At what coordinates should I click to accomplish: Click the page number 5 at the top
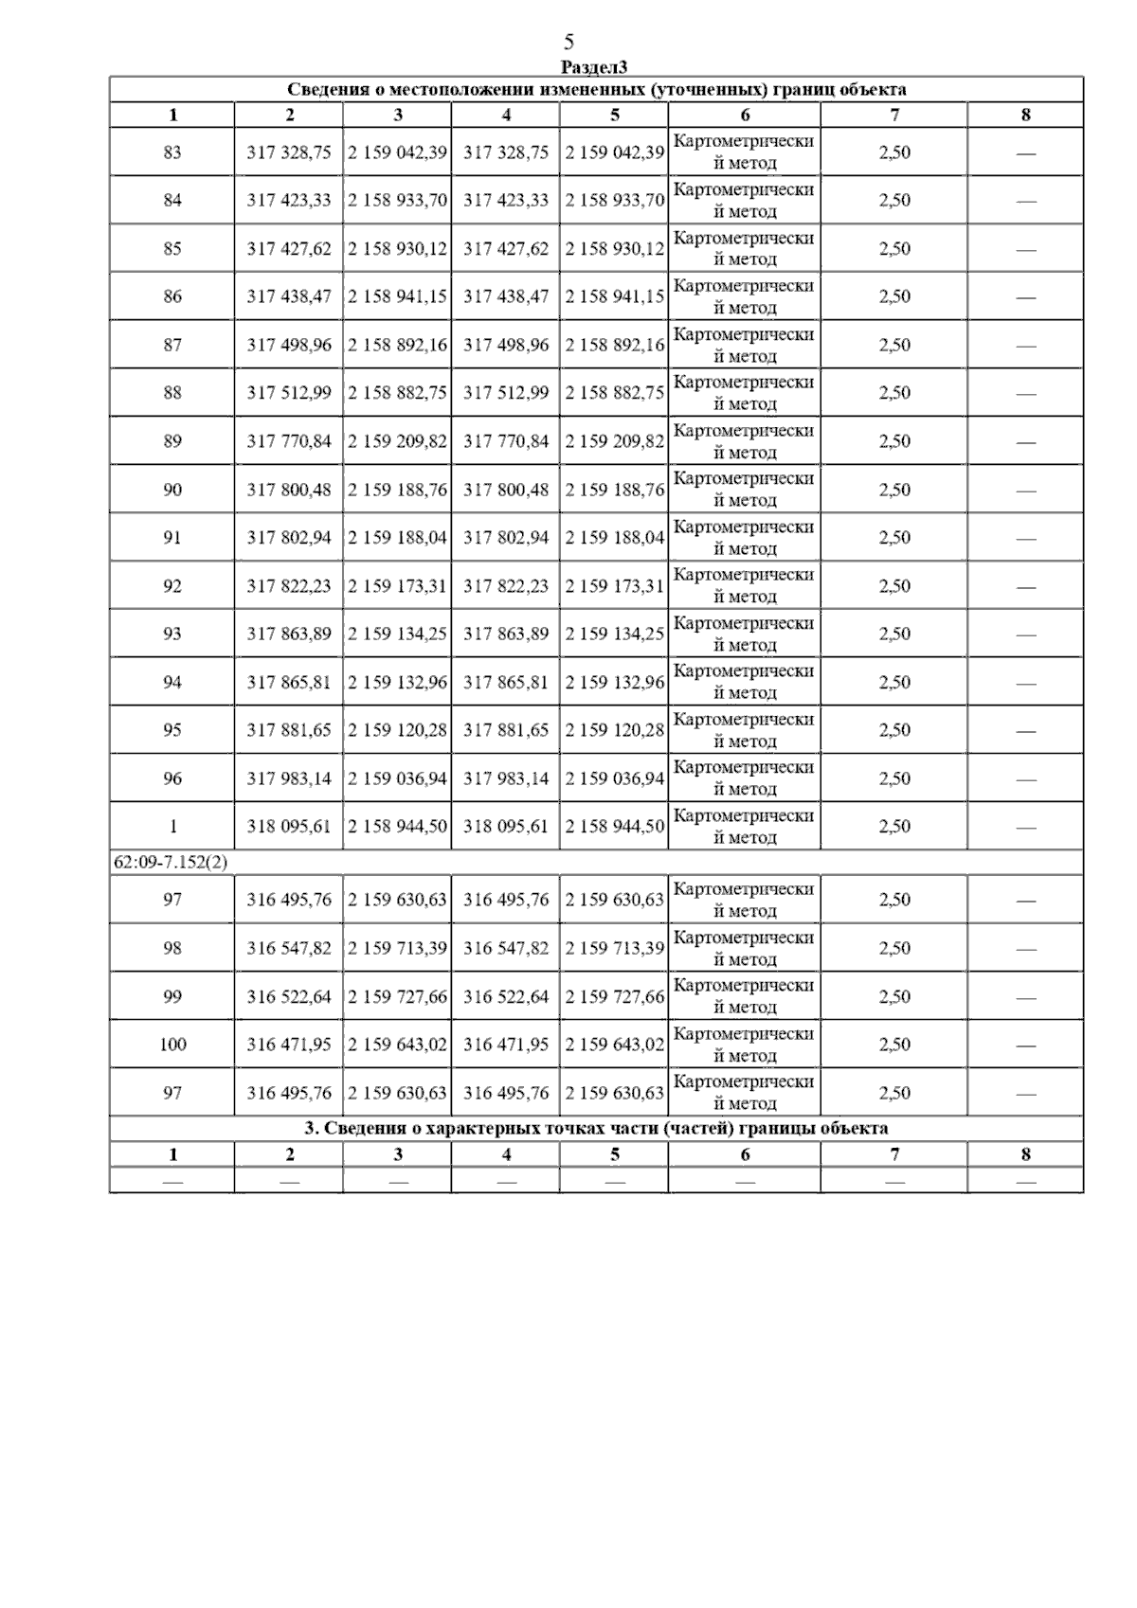coord(568,42)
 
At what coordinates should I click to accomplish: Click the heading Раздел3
coord(594,66)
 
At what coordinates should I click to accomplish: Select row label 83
coord(172,152)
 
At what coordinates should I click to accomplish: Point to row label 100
coord(172,1045)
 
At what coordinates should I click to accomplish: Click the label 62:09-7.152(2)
coord(171,863)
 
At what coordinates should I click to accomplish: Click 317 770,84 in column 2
coord(289,441)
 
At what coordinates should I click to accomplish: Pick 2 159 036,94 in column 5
coord(615,778)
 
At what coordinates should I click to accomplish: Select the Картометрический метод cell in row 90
coord(744,490)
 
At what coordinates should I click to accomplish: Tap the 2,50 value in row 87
coord(894,345)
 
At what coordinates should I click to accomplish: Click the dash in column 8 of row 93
coord(1025,634)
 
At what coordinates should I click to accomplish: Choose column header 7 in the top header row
coord(894,116)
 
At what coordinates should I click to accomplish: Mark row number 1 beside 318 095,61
coord(172,827)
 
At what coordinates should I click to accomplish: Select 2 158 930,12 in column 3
coord(398,249)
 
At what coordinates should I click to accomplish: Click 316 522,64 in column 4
coord(506,996)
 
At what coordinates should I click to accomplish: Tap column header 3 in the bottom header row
coord(398,1154)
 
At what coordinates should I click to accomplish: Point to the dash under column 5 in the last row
coord(615,1181)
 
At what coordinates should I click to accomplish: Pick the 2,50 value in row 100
coord(894,1045)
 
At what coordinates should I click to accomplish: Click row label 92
coord(172,586)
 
